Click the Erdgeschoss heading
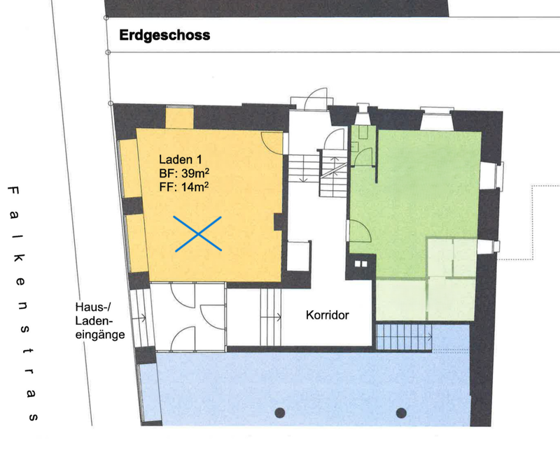point(164,36)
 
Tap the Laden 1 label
point(181,159)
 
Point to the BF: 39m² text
point(184,173)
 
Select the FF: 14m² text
point(184,187)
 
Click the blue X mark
point(198,234)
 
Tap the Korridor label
point(327,315)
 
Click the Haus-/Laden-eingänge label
point(100,321)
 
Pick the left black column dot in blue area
point(279,413)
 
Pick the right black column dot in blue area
point(401,413)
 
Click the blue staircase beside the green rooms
point(405,337)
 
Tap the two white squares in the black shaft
point(360,264)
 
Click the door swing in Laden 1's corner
point(272,143)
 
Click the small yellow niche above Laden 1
point(180,118)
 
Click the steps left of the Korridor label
point(271,317)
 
